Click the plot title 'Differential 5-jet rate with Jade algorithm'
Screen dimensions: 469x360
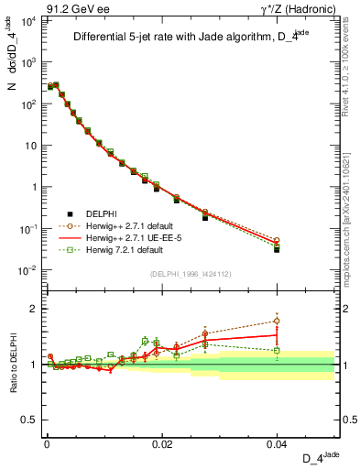[x=190, y=38]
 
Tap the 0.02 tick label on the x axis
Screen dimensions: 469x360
[x=161, y=443]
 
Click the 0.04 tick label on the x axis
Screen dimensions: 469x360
[x=276, y=443]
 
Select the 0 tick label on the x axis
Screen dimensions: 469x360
[x=46, y=443]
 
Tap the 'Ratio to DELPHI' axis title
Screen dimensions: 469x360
[x=13, y=364]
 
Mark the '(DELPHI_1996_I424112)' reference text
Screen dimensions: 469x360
[x=190, y=272]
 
